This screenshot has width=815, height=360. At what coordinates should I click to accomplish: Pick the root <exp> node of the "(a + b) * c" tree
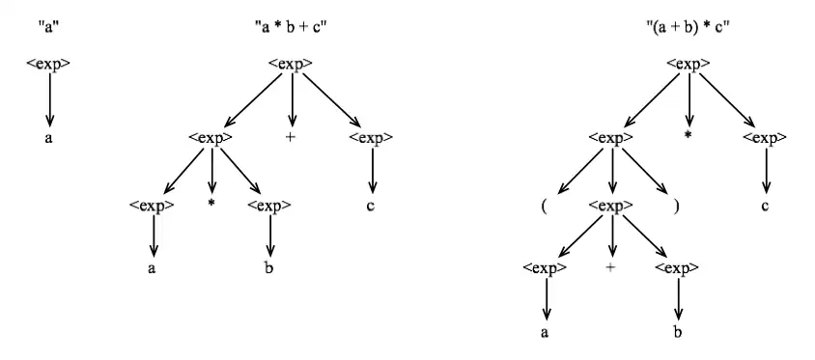pyautogui.click(x=688, y=65)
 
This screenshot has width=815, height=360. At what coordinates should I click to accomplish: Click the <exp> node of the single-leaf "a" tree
pyautogui.click(x=48, y=65)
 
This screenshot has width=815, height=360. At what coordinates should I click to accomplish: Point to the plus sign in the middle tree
pyautogui.click(x=291, y=138)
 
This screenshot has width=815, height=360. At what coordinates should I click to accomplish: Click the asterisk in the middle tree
pyautogui.click(x=211, y=206)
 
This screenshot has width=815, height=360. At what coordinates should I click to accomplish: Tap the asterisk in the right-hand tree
pyautogui.click(x=689, y=135)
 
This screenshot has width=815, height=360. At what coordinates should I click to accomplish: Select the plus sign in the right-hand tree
pyautogui.click(x=610, y=267)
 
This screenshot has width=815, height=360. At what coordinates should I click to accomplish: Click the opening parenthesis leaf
pyautogui.click(x=546, y=206)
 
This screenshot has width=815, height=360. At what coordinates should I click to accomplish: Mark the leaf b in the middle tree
pyautogui.click(x=269, y=269)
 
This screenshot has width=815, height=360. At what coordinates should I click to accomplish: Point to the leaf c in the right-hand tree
pyautogui.click(x=767, y=206)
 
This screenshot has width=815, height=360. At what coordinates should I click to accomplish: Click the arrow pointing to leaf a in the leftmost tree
pyautogui.click(x=49, y=100)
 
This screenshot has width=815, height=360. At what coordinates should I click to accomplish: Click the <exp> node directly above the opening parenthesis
pyautogui.click(x=609, y=138)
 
